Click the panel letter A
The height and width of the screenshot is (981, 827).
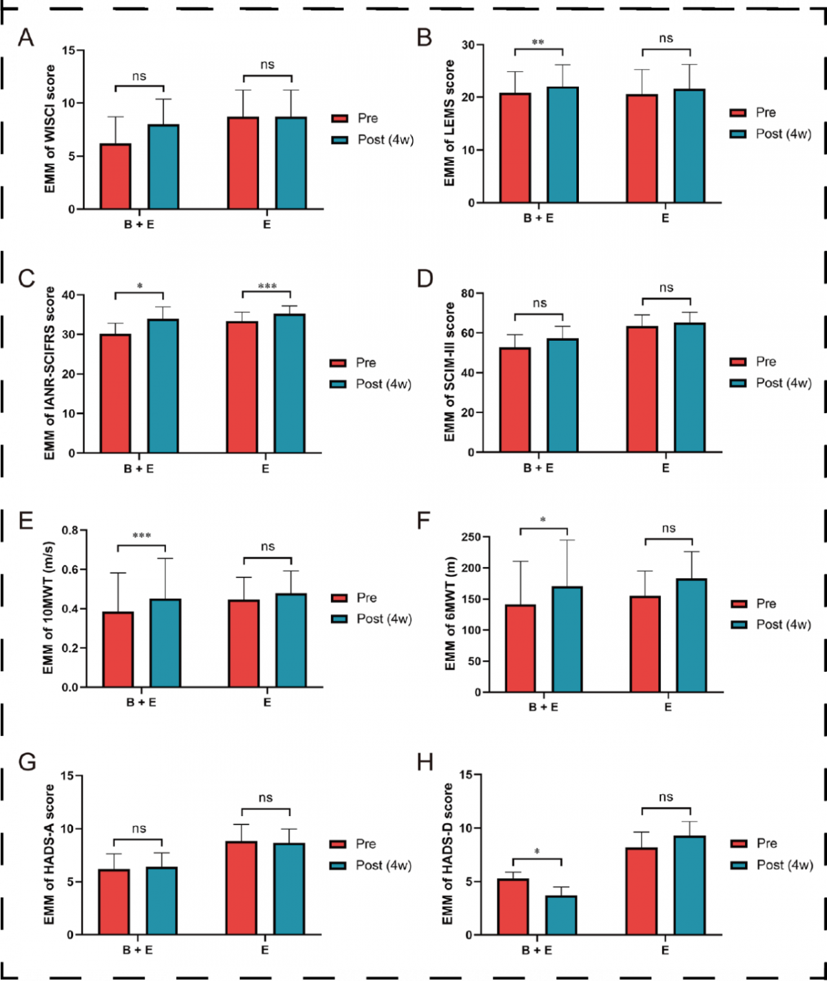(x=25, y=37)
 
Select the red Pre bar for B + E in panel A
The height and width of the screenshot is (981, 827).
(x=116, y=176)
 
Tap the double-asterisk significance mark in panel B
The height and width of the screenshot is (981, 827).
(x=538, y=43)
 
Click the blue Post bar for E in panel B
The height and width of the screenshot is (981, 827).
(x=689, y=146)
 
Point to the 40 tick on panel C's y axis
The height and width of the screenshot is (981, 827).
(x=69, y=295)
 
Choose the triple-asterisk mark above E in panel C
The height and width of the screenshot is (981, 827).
(x=267, y=286)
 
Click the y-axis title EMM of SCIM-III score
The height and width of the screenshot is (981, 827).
(x=450, y=372)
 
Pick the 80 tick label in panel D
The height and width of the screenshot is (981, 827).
(x=467, y=294)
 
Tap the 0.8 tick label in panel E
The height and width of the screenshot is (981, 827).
(x=70, y=530)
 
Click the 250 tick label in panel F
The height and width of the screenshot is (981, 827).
(x=471, y=537)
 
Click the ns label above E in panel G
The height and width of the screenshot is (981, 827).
(x=266, y=798)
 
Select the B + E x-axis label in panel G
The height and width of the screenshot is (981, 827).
(x=138, y=950)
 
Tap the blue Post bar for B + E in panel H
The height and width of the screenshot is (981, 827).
(x=562, y=915)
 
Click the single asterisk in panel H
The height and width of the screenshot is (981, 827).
(x=537, y=852)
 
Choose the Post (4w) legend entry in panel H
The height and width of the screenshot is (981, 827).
(x=784, y=865)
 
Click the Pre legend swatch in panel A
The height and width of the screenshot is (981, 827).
(x=340, y=119)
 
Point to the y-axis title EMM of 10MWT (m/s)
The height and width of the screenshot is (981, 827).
(x=48, y=609)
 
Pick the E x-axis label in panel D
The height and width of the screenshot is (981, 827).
(x=666, y=468)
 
